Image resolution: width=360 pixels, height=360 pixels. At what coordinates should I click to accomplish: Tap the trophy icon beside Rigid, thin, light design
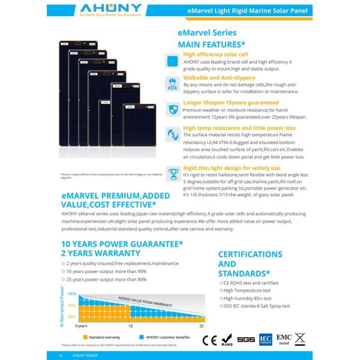pos(172,174)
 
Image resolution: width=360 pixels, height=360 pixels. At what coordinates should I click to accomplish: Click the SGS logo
pos(246,339)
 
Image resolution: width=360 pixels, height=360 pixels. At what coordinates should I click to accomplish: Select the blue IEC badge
pos(265,339)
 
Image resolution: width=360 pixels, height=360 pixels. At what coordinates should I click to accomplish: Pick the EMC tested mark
pos(284,339)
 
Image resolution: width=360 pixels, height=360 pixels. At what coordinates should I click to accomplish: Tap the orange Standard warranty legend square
pos(85,337)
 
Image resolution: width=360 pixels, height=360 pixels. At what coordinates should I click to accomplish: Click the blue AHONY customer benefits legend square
pos(142,337)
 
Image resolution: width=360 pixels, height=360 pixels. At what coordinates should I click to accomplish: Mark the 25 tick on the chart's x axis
pos(201,326)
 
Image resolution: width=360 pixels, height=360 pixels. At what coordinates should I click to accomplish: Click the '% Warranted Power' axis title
pos(62,306)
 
